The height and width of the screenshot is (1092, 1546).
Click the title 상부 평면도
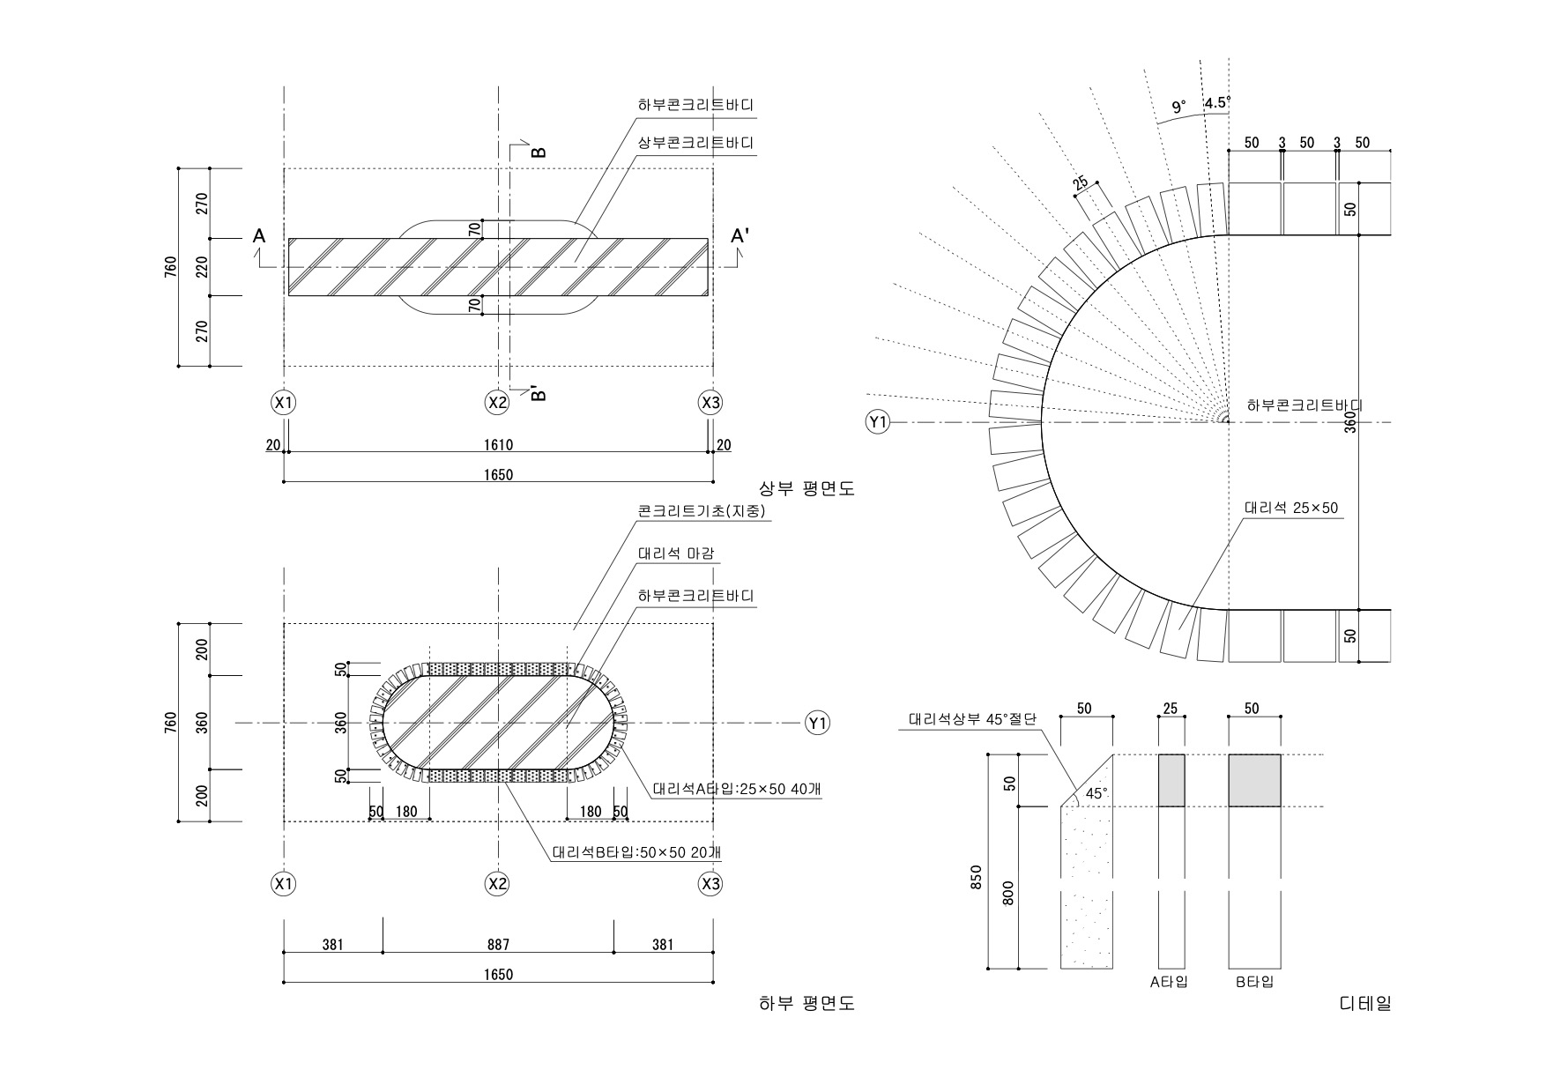pos(806,488)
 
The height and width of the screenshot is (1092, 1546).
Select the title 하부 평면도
pos(806,1003)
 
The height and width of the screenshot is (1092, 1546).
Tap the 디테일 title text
pos(1365,1003)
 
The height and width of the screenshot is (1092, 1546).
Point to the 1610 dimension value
pos(498,445)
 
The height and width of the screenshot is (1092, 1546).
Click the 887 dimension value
pos(498,945)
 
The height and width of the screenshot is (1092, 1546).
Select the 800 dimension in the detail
pos(1009,894)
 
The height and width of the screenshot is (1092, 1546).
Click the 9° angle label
pos(1178,108)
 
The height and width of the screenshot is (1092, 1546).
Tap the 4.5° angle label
pos(1217,102)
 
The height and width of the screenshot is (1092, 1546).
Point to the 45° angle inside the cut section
pos(1096,793)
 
